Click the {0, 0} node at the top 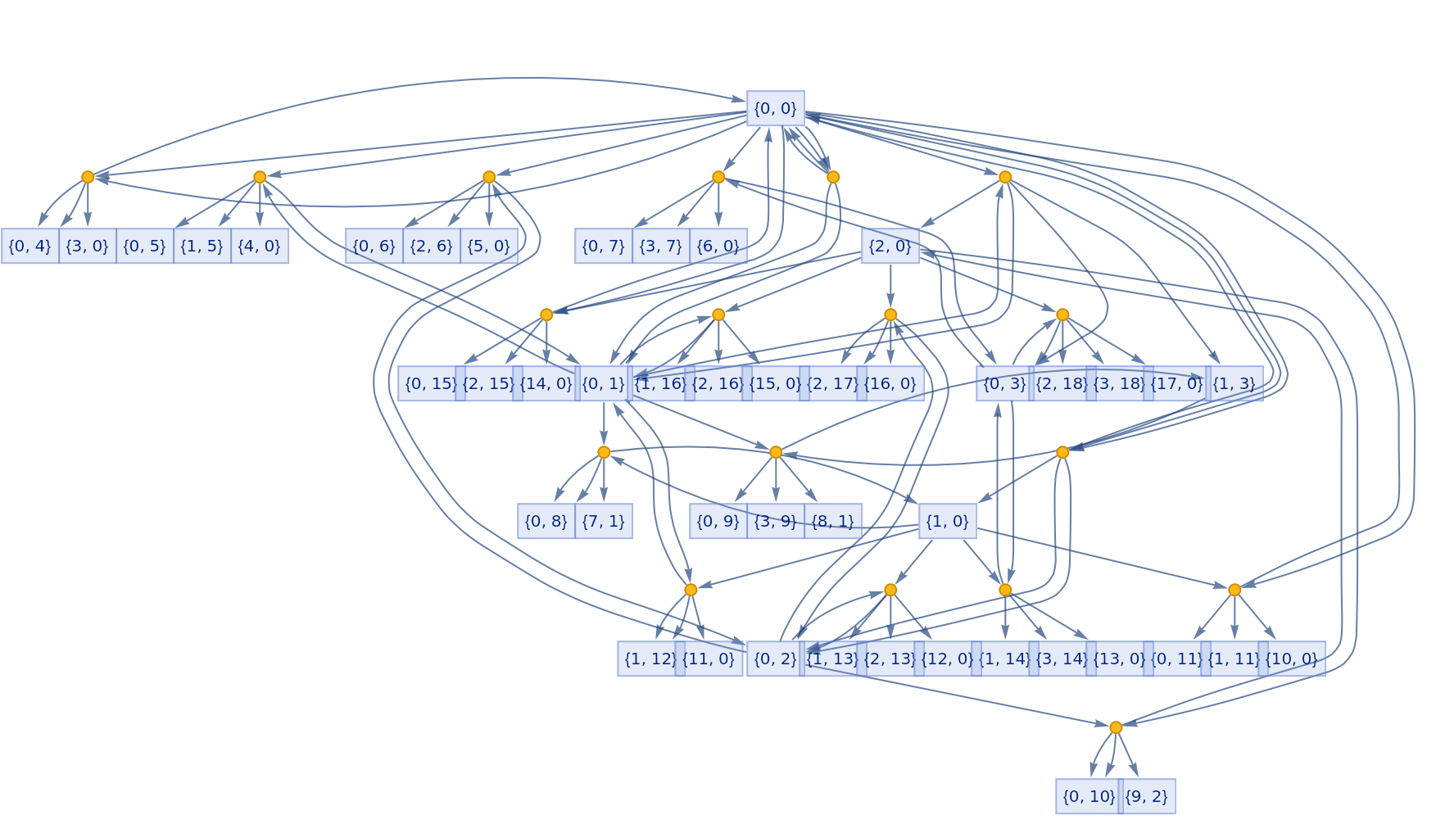[775, 108]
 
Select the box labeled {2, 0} [890, 246]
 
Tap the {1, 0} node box [947, 521]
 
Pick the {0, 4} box [29, 246]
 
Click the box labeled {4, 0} [260, 246]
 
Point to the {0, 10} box [1088, 796]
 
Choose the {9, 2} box [1146, 796]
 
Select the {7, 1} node [603, 521]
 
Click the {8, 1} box [832, 521]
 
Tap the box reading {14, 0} [546, 383]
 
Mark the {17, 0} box [1176, 383]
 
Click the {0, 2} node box [774, 659]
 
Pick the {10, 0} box [1291, 659]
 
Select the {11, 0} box [709, 659]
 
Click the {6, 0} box [718, 246]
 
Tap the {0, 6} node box [374, 246]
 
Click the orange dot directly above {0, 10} [1116, 727]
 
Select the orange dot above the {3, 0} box [88, 177]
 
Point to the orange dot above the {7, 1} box [604, 452]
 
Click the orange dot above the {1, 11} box [1234, 590]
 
